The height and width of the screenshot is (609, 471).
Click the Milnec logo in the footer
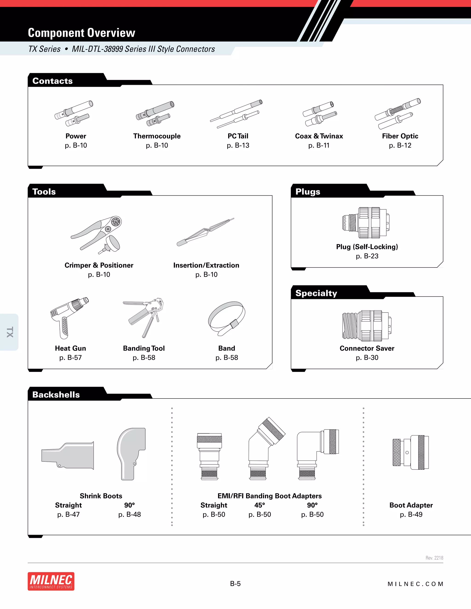[51, 581]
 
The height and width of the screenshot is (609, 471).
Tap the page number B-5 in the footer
[235, 584]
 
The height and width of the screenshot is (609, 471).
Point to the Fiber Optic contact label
[400, 136]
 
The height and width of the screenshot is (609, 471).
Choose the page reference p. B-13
[238, 145]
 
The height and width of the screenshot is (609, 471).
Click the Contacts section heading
[52, 81]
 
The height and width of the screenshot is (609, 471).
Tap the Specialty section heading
[316, 293]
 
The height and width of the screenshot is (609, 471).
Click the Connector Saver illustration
[367, 325]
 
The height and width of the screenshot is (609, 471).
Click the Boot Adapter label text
[411, 505]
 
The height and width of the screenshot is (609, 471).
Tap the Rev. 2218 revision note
[434, 558]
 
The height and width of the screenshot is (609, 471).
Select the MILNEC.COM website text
[415, 584]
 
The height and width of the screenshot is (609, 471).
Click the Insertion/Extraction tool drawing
[205, 232]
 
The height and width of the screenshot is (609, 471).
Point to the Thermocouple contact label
[157, 136]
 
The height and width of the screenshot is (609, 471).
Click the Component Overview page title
[81, 33]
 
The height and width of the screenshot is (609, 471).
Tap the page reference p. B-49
[411, 515]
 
